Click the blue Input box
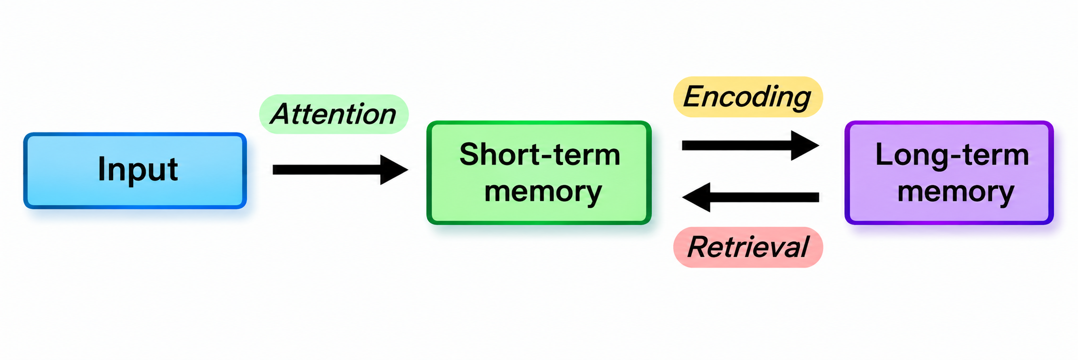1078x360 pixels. (x=135, y=170)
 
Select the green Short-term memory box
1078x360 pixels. (x=539, y=172)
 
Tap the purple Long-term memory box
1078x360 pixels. (x=949, y=172)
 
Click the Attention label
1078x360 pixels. (x=334, y=114)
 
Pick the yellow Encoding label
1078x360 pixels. (x=748, y=96)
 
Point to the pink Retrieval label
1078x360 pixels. (x=748, y=247)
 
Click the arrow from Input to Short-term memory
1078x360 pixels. (x=340, y=170)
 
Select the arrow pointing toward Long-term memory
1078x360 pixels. (x=751, y=145)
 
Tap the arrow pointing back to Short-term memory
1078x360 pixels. (x=751, y=197)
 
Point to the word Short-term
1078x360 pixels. (x=540, y=154)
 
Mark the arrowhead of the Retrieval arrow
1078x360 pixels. (x=696, y=197)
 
